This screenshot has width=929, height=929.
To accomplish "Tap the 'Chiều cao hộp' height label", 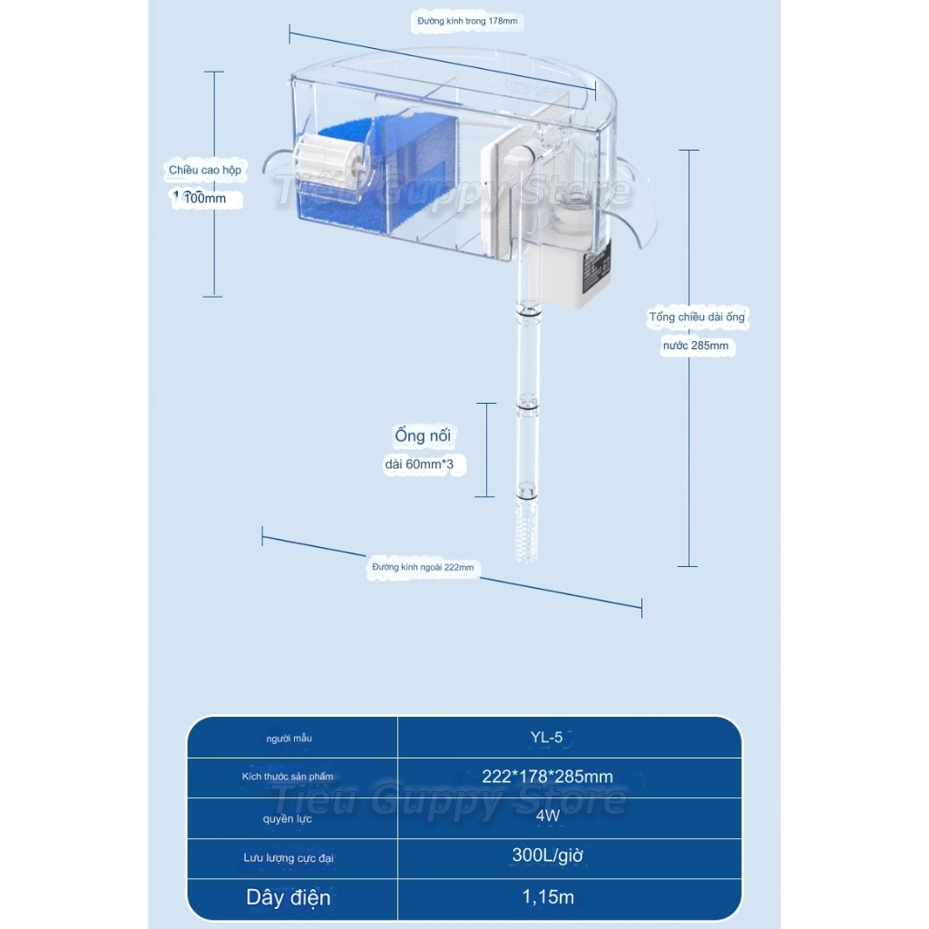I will click(x=205, y=170).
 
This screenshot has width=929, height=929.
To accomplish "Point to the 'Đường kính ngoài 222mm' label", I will click(x=423, y=567).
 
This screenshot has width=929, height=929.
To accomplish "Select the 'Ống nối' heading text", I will click(x=423, y=435).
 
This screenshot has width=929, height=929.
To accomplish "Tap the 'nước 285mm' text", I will click(x=695, y=346).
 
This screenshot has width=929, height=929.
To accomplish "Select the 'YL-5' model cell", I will click(x=546, y=738).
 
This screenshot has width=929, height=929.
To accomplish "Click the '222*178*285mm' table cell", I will click(x=547, y=777).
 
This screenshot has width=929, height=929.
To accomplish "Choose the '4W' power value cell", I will click(x=546, y=817).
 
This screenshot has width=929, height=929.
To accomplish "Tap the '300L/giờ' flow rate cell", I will click(x=546, y=856).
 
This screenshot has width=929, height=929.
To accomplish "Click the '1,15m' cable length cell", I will click(x=548, y=898).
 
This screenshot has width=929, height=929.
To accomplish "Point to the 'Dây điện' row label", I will click(x=288, y=898).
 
